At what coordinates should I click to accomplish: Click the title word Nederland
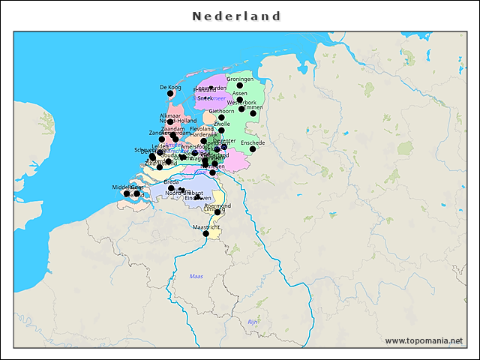coord(236,16)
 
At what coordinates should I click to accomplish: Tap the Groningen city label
coord(240,79)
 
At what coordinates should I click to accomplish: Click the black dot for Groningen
coord(240,85)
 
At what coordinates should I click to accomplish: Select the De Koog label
coord(171,87)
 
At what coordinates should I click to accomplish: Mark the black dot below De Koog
coord(171,94)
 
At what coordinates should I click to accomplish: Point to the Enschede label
coord(253,142)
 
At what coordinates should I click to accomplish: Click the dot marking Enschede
coord(253,148)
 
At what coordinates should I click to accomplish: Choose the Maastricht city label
coord(206,226)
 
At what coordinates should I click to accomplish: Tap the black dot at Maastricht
coord(206,234)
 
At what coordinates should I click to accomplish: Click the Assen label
coord(240,93)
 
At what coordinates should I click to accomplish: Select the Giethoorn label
coord(221,111)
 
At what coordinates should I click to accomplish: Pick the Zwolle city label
coord(222,124)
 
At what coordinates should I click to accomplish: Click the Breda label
coord(171,181)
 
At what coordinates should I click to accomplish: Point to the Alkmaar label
coord(170,115)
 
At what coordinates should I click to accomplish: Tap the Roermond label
coord(217,205)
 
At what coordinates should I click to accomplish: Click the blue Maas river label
coord(196,277)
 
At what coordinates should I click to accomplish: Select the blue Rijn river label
coord(253,321)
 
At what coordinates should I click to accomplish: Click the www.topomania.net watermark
coord(424,340)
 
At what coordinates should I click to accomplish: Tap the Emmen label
coord(253,107)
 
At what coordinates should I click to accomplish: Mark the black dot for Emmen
coord(253,114)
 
